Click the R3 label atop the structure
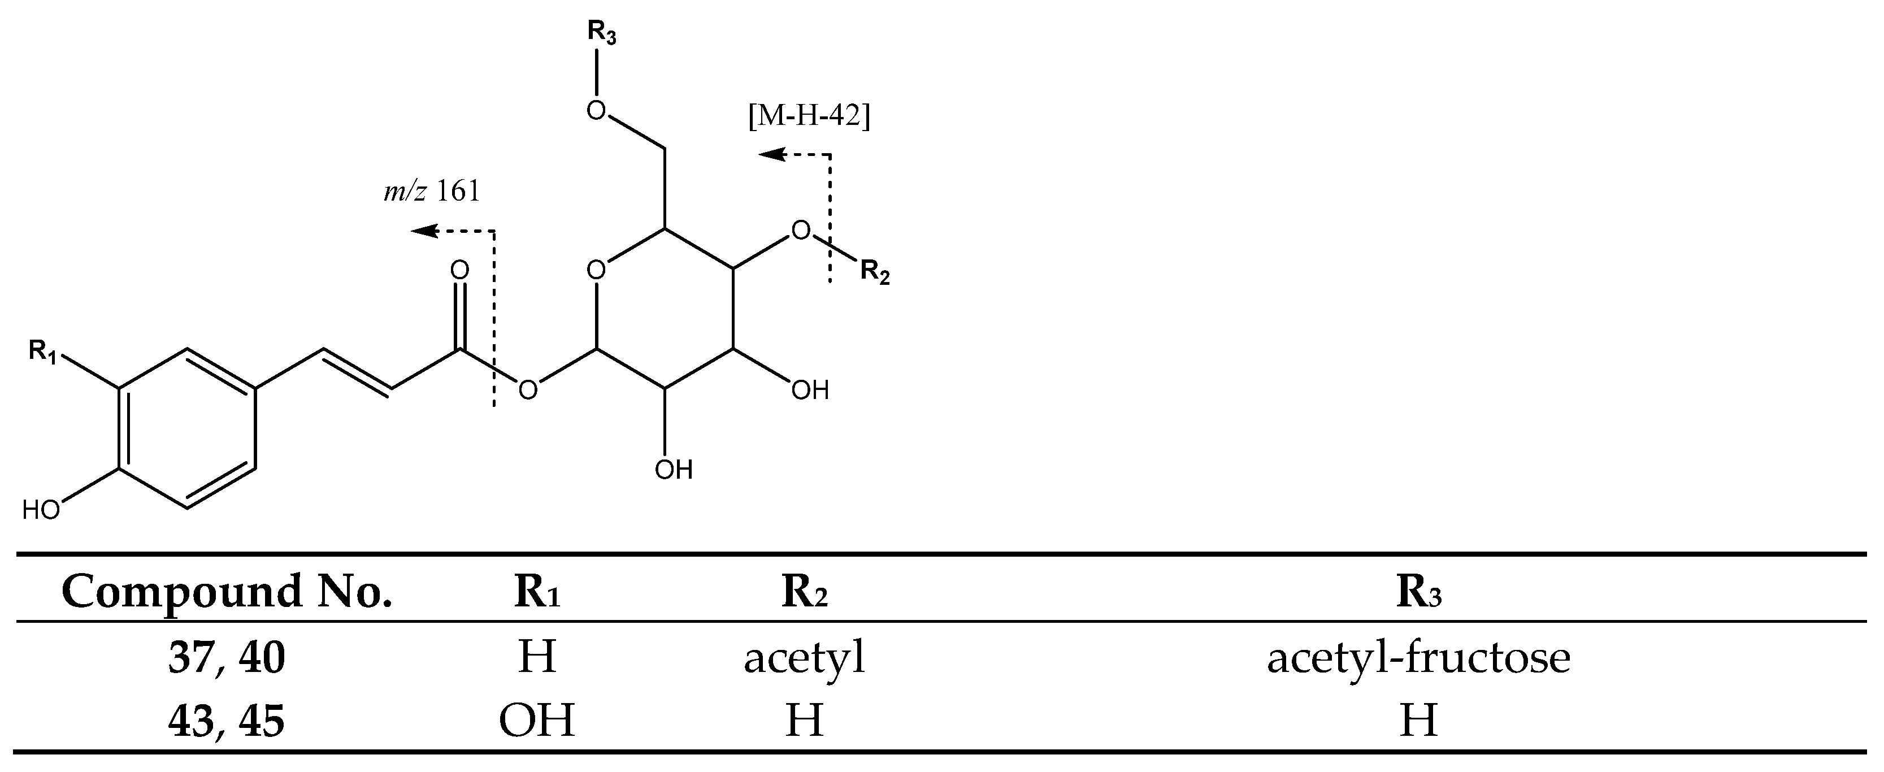pyautogui.click(x=601, y=34)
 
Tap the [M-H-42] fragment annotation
pyautogui.click(x=808, y=116)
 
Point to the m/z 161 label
pyautogui.click(x=432, y=192)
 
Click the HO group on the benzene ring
pyautogui.click(x=41, y=510)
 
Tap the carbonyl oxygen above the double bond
pyautogui.click(x=459, y=271)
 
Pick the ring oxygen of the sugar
pyautogui.click(x=596, y=271)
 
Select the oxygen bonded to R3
pyautogui.click(x=597, y=111)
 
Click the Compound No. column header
pyautogui.click(x=227, y=591)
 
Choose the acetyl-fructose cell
pyautogui.click(x=1418, y=658)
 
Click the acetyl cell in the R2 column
pyautogui.click(x=805, y=658)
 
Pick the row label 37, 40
pyautogui.click(x=227, y=658)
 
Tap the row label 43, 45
pyautogui.click(x=227, y=721)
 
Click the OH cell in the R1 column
pyautogui.click(x=537, y=721)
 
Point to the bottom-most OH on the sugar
pyautogui.click(x=673, y=469)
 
